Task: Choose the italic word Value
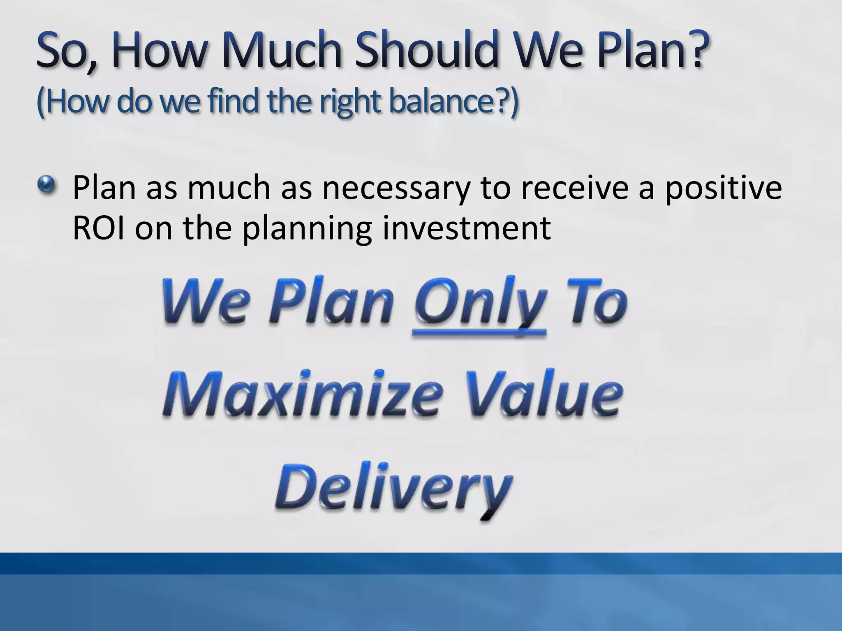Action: tap(534, 394)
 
